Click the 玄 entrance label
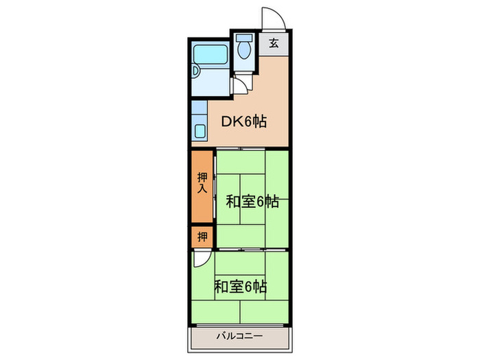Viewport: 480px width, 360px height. (274, 43)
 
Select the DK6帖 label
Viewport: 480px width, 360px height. (243, 122)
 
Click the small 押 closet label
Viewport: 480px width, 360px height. (202, 238)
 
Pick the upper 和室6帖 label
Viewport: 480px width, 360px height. (252, 202)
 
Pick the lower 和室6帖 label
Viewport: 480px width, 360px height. (240, 286)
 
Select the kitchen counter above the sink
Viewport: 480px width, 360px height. (199, 110)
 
